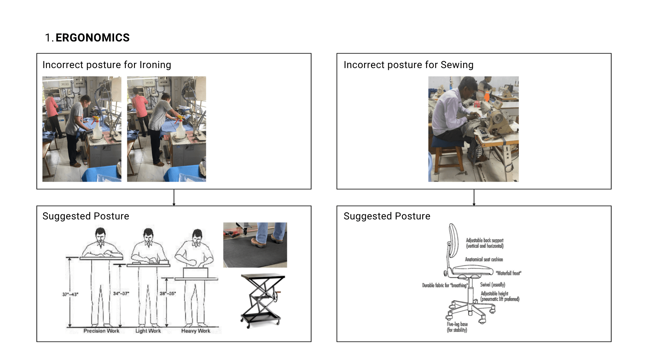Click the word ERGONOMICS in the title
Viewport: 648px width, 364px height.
click(92, 38)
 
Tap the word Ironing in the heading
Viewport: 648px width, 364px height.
click(155, 65)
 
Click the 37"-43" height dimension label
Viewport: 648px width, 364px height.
click(70, 294)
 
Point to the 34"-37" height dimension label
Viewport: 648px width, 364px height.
click(121, 294)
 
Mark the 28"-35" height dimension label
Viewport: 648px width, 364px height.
click(168, 294)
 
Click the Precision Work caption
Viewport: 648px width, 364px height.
click(101, 331)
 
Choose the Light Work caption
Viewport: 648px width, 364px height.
click(148, 331)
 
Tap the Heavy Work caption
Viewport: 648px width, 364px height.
click(196, 331)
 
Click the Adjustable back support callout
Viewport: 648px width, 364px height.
click(485, 243)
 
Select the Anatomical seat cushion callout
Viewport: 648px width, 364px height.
click(484, 260)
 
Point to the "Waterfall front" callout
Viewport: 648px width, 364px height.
click(508, 273)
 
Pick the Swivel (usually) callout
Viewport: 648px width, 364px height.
click(493, 285)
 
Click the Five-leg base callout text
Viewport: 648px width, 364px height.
click(457, 327)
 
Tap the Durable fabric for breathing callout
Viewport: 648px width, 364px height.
click(445, 285)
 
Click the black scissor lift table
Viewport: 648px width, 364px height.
click(262, 300)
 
